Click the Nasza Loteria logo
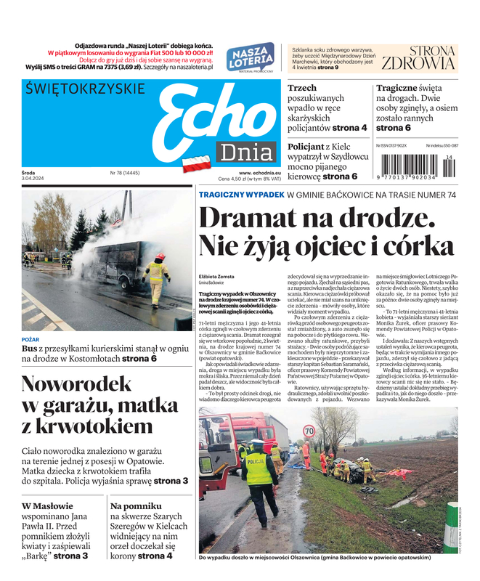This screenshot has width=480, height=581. tap(250, 57)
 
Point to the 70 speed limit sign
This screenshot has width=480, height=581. tap(309, 431)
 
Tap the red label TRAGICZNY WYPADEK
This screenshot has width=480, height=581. tap(241, 195)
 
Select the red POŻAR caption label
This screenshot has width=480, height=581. tap(30, 338)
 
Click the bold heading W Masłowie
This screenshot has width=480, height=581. tap(47, 506)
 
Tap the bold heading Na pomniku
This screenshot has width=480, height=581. tap(134, 506)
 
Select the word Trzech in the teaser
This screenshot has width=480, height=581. tap(302, 88)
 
